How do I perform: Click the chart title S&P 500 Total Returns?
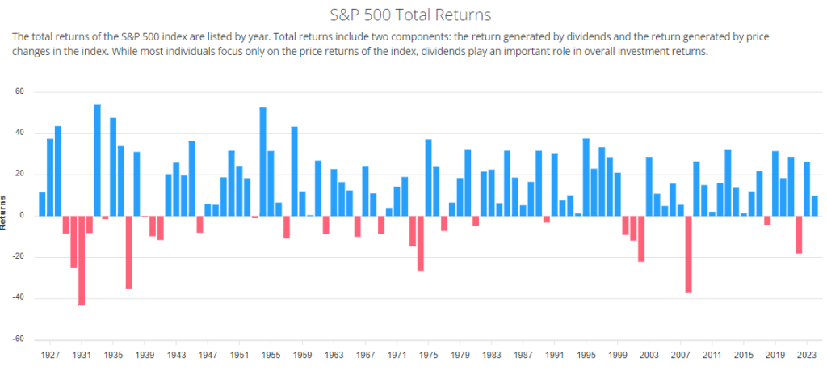(413, 15)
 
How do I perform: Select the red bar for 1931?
(82, 260)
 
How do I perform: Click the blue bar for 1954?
(262, 162)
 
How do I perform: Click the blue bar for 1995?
(586, 177)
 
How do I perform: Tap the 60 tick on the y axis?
(20, 92)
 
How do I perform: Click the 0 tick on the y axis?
(23, 215)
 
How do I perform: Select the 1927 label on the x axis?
(50, 354)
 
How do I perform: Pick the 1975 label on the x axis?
(428, 354)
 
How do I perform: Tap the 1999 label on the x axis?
(617, 354)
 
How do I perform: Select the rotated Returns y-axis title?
(4, 213)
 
